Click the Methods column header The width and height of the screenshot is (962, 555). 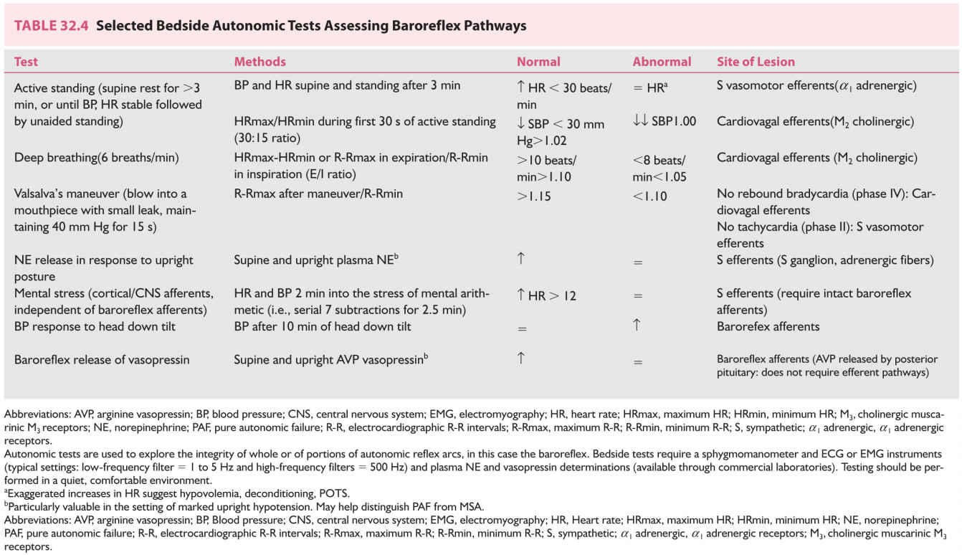259,62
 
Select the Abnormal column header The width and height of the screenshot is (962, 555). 662,62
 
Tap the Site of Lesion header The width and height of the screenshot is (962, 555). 756,62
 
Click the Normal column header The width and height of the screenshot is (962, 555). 538,62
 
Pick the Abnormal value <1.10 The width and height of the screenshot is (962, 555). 649,195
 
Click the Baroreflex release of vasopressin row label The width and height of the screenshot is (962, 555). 102,359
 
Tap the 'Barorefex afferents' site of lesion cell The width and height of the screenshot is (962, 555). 768,326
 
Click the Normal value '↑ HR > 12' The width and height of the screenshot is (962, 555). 546,295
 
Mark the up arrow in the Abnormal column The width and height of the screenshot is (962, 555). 637,325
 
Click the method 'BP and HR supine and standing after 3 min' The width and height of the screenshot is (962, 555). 347,85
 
